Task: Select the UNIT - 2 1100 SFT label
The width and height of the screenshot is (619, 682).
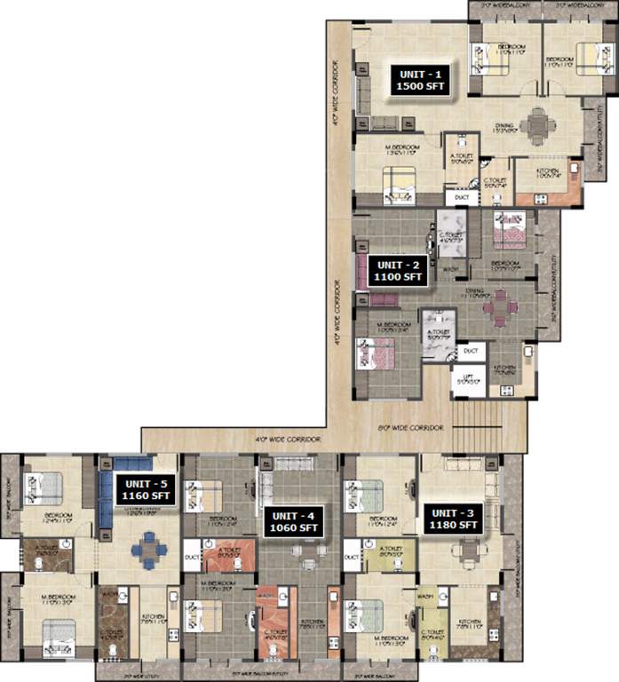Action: (x=397, y=270)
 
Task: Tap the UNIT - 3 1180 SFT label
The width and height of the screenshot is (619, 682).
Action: (x=454, y=519)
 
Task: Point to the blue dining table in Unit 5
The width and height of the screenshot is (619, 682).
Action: (x=147, y=551)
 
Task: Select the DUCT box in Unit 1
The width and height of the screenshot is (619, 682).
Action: (x=462, y=199)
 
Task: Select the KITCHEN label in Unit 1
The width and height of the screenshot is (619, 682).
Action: (x=546, y=170)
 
